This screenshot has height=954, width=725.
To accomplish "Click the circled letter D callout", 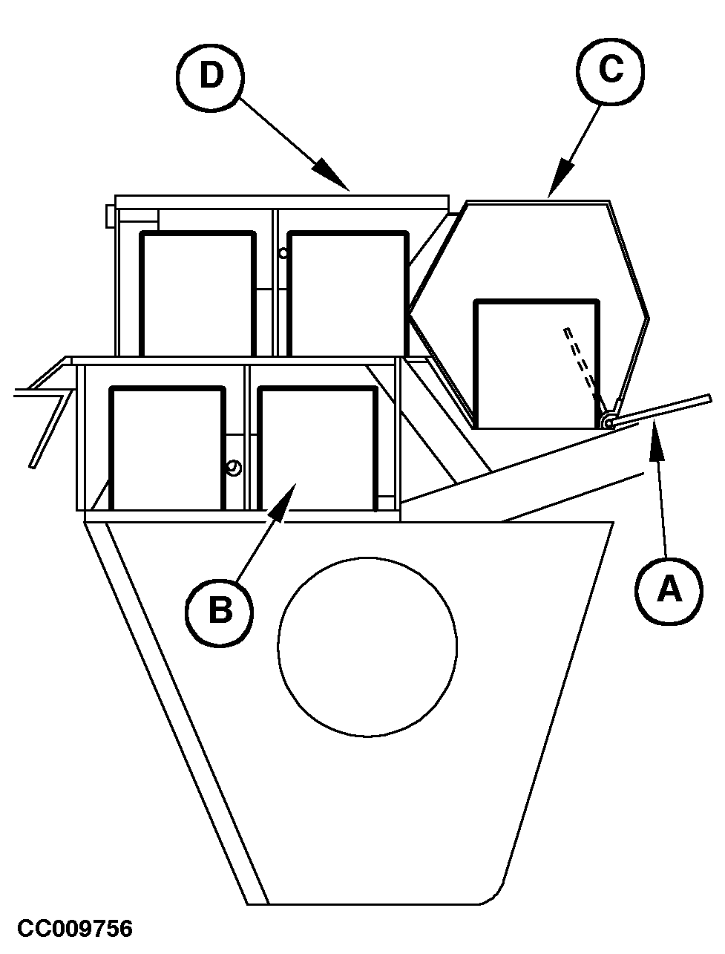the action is (210, 77).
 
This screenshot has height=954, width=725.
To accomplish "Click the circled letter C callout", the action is (610, 71).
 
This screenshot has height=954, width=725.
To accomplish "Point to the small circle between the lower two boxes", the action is (234, 468).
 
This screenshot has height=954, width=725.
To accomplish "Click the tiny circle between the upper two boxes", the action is (283, 253).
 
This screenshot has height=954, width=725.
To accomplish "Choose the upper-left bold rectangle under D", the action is (197, 294).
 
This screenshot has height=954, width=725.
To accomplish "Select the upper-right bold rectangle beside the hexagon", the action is (348, 294).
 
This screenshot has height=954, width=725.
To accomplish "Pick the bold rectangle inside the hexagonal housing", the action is (537, 364).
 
